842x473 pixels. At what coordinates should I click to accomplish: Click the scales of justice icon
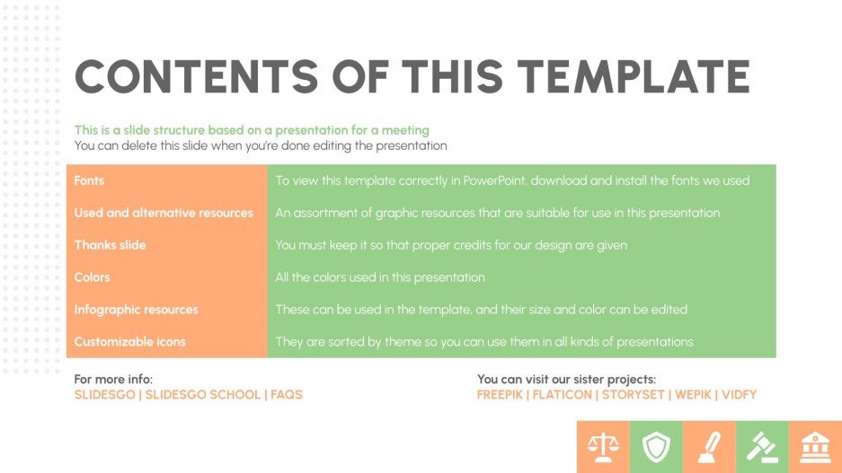(x=603, y=446)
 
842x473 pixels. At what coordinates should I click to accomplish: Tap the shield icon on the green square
(x=656, y=446)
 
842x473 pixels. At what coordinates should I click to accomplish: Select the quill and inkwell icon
(x=709, y=446)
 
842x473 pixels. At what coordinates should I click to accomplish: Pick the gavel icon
(x=762, y=446)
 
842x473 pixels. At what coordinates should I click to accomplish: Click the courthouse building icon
(x=815, y=446)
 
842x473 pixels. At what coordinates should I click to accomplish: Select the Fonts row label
(x=89, y=180)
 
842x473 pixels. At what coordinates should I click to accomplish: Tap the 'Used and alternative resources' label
(x=164, y=213)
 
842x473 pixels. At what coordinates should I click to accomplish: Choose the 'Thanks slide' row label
(x=110, y=245)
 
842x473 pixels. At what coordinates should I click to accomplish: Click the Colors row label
(x=92, y=277)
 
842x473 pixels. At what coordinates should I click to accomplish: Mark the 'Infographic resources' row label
(x=136, y=310)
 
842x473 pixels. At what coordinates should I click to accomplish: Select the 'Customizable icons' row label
(x=130, y=342)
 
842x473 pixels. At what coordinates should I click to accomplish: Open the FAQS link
(x=287, y=395)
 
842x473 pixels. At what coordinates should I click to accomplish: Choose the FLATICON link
(x=564, y=395)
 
